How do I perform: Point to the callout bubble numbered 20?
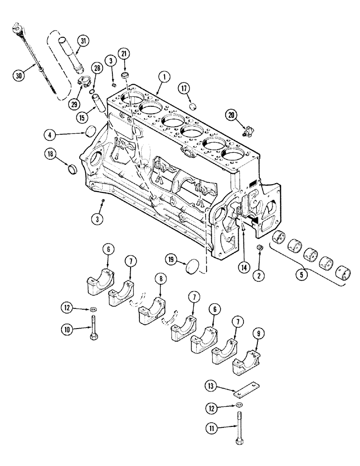pos(232,114)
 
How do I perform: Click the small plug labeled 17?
pos(193,106)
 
